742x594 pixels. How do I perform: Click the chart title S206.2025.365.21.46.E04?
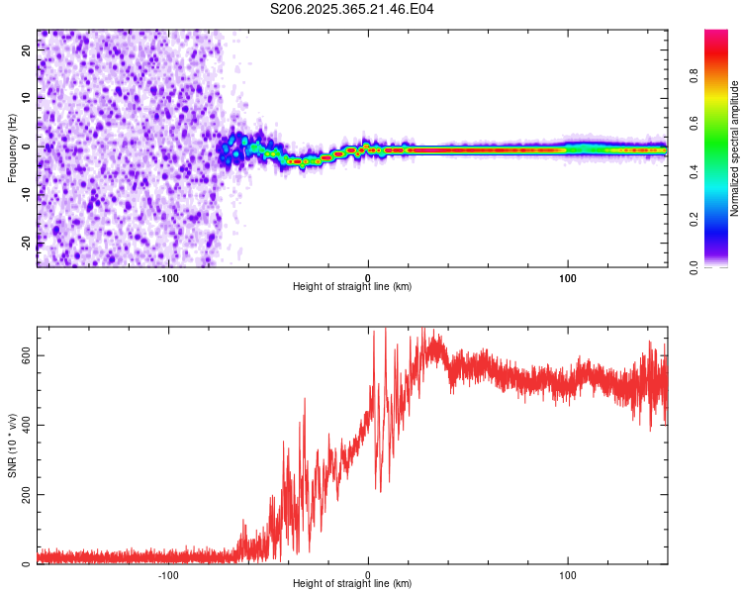point(352,9)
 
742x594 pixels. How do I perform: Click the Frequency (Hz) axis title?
point(12,148)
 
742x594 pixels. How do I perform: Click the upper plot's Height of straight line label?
point(352,286)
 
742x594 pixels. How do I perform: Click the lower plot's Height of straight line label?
point(352,583)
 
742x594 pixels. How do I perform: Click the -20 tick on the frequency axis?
point(27,243)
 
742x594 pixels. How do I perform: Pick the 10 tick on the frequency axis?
point(27,98)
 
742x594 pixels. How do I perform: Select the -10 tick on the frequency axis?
point(27,194)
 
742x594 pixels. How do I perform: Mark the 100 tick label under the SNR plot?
point(568,574)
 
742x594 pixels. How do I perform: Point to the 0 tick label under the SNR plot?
point(368,574)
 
